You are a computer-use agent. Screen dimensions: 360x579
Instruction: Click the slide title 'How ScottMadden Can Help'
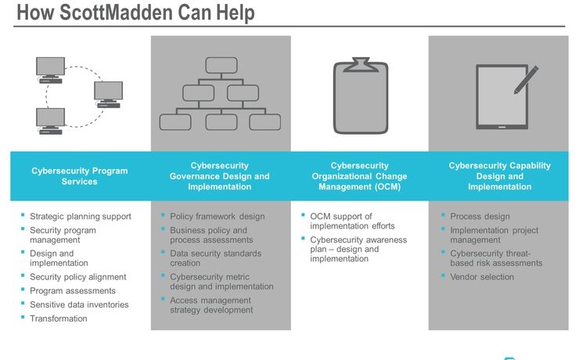pyautogui.click(x=135, y=13)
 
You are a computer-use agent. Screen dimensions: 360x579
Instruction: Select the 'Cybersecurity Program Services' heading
pyautogui.click(x=80, y=176)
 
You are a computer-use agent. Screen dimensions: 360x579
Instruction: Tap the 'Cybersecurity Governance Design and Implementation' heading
pyautogui.click(x=220, y=176)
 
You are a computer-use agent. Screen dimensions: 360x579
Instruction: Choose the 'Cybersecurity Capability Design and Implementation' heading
pyautogui.click(x=499, y=176)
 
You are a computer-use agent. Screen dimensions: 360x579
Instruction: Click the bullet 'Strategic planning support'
pyautogui.click(x=81, y=217)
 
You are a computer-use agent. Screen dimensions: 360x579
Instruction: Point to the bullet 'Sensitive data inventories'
pyautogui.click(x=79, y=305)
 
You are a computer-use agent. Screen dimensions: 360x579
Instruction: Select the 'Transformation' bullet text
pyautogui.click(x=59, y=319)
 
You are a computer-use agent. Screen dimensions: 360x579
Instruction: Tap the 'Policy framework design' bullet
pyautogui.click(x=218, y=217)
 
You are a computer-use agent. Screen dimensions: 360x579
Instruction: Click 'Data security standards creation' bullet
pyautogui.click(x=217, y=258)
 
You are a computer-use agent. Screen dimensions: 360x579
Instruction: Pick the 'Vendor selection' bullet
pyautogui.click(x=482, y=277)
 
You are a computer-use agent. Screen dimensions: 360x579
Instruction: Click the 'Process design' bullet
pyautogui.click(x=480, y=217)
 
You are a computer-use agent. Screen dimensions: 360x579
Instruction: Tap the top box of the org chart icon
pyautogui.click(x=221, y=66)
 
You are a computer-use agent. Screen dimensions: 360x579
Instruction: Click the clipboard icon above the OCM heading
pyautogui.click(x=359, y=95)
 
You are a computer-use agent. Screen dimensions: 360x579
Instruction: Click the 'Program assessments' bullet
pyautogui.click(x=73, y=291)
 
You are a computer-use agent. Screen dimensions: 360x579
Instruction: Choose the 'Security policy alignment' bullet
pyautogui.click(x=78, y=277)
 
